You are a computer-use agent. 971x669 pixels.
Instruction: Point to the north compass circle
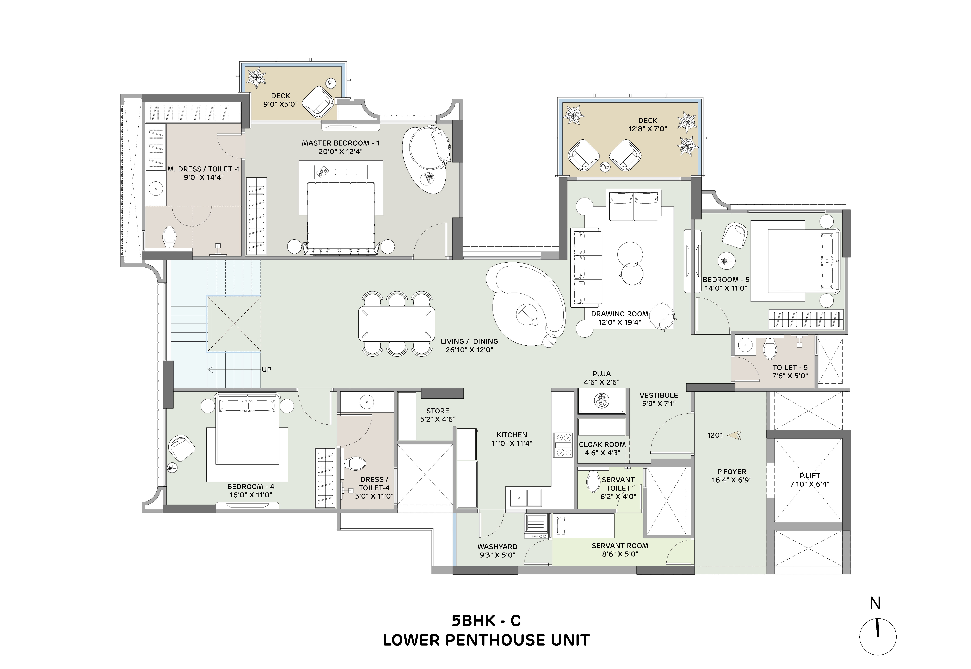pyautogui.click(x=878, y=636)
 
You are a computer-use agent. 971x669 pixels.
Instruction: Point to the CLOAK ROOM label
pyautogui.click(x=602, y=444)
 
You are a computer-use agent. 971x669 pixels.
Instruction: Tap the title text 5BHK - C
pyautogui.click(x=486, y=620)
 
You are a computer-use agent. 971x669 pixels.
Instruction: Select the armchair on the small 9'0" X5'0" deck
pyautogui.click(x=318, y=102)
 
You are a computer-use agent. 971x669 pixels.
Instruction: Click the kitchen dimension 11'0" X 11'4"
pyautogui.click(x=512, y=443)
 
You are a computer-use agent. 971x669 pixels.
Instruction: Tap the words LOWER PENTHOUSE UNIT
pyautogui.click(x=486, y=640)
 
